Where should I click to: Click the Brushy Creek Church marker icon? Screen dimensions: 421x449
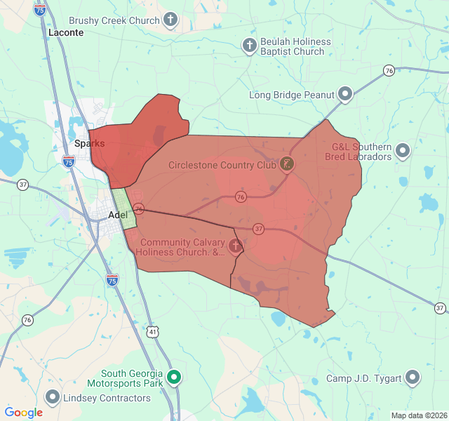[170, 20]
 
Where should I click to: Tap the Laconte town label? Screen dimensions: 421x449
[66, 32]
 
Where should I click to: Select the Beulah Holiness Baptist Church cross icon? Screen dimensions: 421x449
[249, 46]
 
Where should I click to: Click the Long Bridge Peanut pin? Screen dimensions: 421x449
[345, 94]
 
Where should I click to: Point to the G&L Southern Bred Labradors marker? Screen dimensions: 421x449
[403, 151]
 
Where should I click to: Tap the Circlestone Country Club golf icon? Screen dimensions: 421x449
[287, 165]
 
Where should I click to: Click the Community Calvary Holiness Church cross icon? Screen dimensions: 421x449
[236, 246]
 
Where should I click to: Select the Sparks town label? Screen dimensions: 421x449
[89, 143]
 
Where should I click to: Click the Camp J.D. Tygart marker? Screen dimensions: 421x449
[413, 378]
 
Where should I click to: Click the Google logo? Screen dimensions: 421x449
[23, 413]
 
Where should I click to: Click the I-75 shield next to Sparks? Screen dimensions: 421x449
[68, 161]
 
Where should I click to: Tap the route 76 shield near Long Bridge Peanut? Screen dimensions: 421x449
[388, 70]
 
